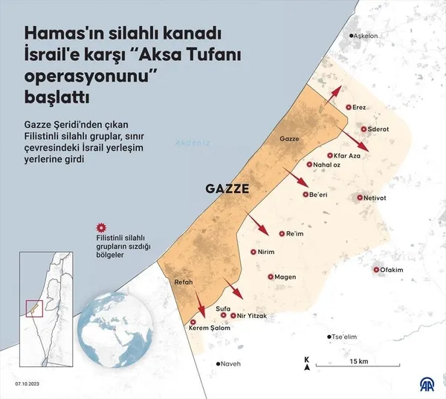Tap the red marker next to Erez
(347, 108)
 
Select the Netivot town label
(381, 198)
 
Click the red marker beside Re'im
(280, 233)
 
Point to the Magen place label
(285, 277)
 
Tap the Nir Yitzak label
(251, 316)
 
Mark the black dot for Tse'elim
(329, 337)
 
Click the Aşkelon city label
(366, 36)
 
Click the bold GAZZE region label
(227, 189)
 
